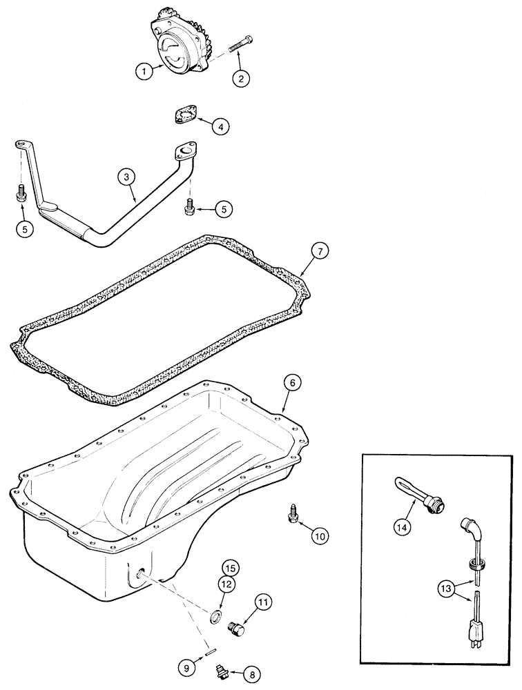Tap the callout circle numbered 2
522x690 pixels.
(240, 79)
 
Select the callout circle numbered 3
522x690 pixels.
(125, 178)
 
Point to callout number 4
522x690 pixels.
(220, 126)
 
